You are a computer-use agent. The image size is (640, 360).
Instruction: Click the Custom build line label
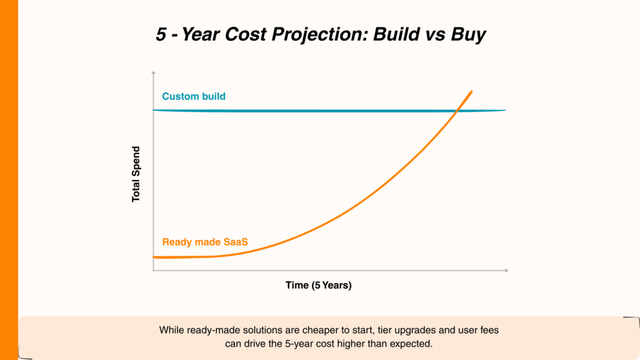click(x=194, y=97)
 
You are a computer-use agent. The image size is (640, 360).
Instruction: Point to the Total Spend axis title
click(x=136, y=174)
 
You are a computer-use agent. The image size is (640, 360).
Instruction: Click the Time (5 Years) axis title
click(x=319, y=286)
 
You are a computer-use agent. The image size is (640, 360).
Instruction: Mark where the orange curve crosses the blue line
click(x=458, y=111)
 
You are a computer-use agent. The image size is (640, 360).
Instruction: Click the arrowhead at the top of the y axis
click(x=153, y=73)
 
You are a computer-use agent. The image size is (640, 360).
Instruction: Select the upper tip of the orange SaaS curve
click(x=471, y=91)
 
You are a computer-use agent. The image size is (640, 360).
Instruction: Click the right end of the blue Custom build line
click(x=505, y=111)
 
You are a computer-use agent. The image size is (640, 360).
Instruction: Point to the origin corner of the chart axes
click(x=153, y=271)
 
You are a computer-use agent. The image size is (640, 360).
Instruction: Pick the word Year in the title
click(x=200, y=35)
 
